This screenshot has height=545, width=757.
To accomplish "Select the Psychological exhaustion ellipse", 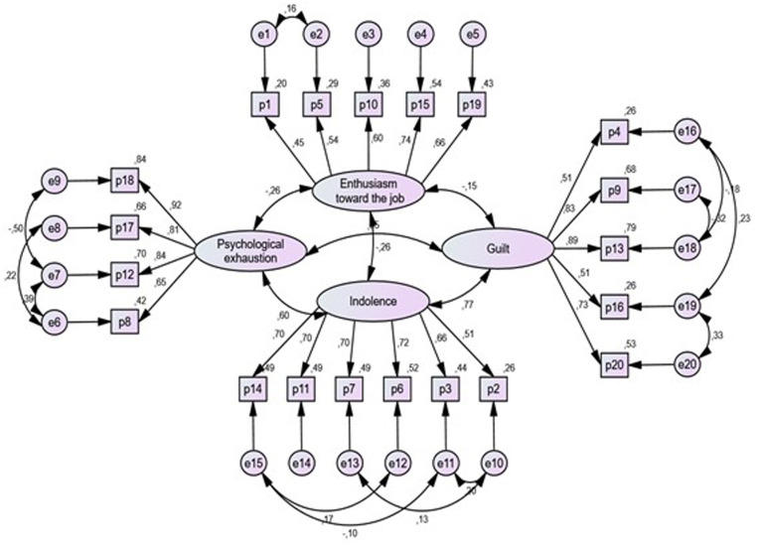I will [x=237, y=249].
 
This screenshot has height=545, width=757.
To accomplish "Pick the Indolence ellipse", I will [x=373, y=300].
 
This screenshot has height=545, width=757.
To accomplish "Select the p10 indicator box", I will [x=370, y=102].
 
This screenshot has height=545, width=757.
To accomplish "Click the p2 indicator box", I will [x=494, y=388].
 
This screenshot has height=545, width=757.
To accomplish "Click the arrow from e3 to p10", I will [x=370, y=69].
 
